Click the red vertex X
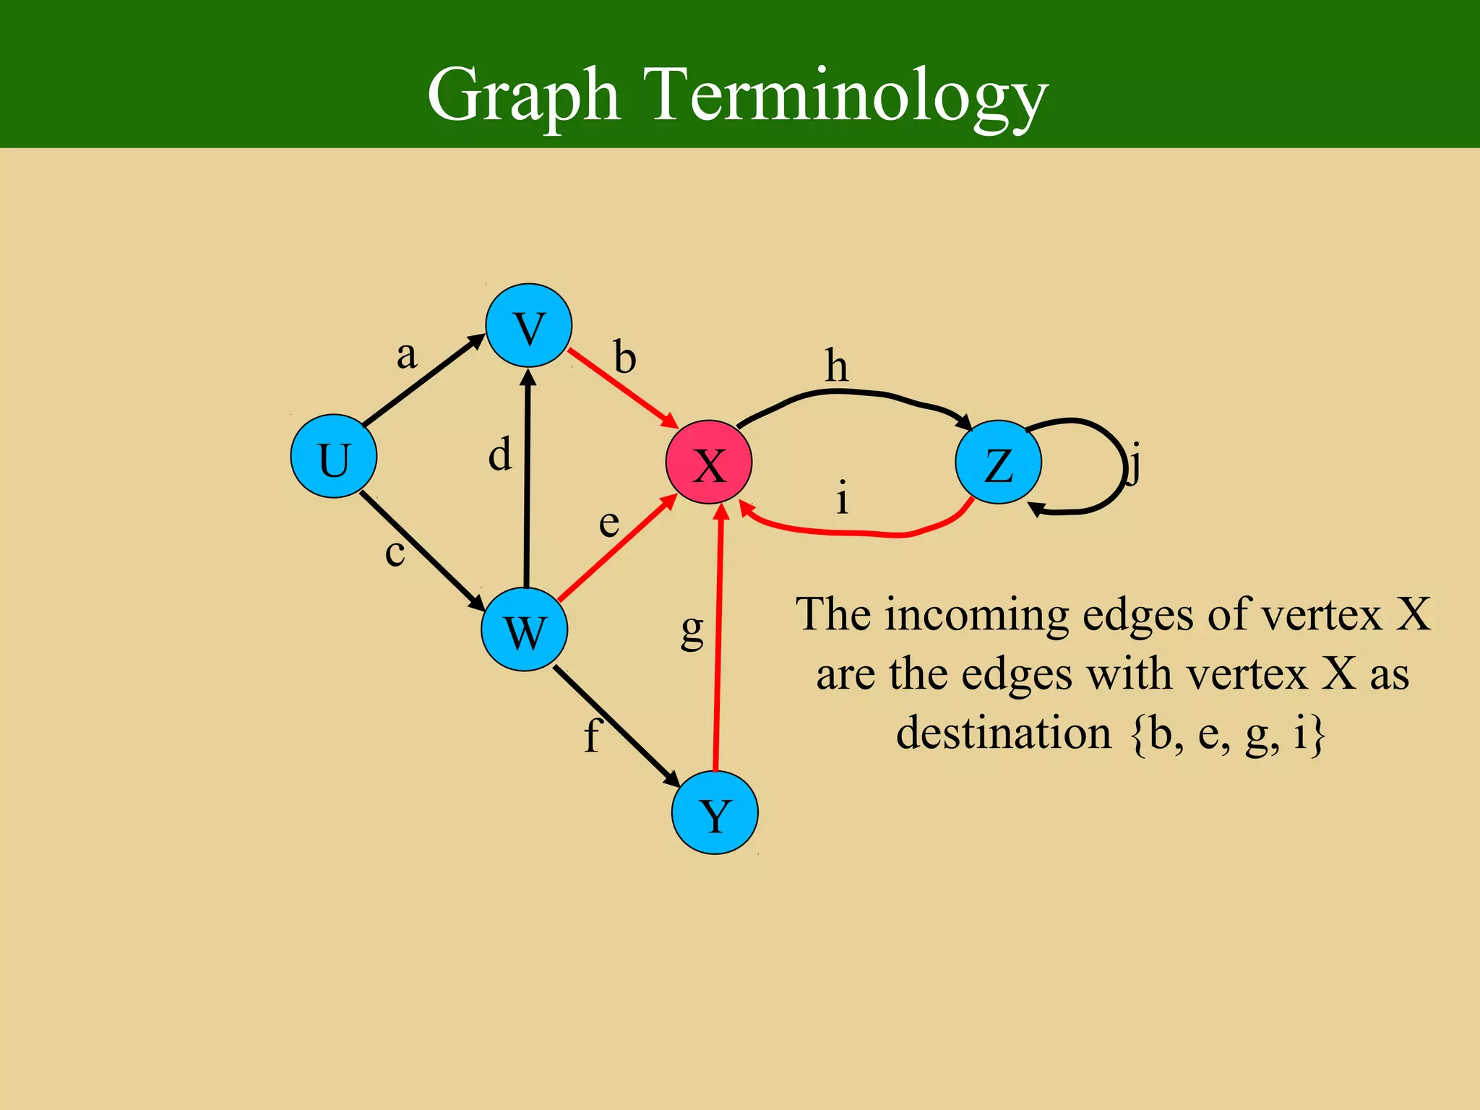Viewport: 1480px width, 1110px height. click(709, 462)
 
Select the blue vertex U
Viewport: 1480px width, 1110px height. click(333, 456)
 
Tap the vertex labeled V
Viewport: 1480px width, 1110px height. click(529, 326)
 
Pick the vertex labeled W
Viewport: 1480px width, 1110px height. click(525, 629)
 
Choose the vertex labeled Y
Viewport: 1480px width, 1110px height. click(715, 812)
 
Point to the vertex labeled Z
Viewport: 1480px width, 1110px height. click(998, 462)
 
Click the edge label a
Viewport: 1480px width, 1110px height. click(407, 355)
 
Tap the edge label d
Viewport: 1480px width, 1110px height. click(500, 455)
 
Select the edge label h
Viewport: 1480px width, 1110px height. click(837, 366)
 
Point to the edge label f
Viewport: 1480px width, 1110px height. click(592, 736)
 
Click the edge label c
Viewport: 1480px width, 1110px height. click(395, 554)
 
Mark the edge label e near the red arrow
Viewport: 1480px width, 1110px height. click(609, 522)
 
